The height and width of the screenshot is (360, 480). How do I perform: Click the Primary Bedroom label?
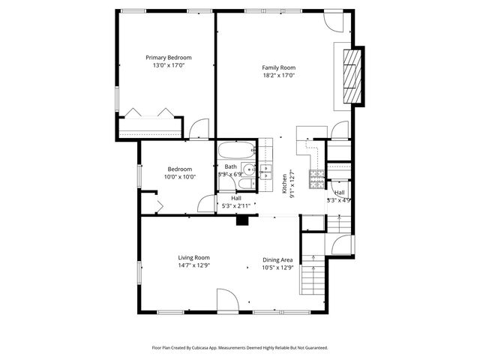click(x=168, y=58)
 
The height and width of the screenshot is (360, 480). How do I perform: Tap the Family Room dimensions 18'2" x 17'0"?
click(x=278, y=75)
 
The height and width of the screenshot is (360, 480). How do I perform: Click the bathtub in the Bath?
click(x=237, y=151)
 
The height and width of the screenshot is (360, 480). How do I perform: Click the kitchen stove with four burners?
click(x=318, y=178)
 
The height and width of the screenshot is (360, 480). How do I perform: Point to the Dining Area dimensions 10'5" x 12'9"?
click(x=278, y=267)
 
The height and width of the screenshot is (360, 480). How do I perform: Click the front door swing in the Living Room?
click(x=228, y=300)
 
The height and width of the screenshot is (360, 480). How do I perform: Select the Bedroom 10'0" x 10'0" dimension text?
click(x=180, y=177)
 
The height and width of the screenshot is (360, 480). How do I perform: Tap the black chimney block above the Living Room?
click(x=242, y=220)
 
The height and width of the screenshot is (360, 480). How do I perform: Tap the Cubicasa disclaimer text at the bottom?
click(x=239, y=348)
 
